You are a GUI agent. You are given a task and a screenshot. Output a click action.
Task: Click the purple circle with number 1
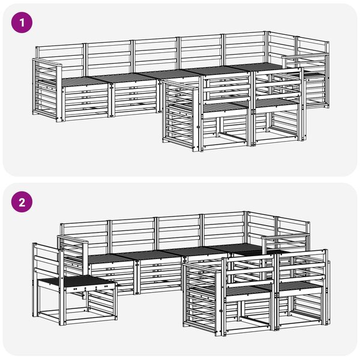[22, 23]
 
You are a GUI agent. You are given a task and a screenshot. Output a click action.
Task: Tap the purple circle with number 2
[22, 202]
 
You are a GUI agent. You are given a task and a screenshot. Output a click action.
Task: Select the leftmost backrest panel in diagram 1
[60, 57]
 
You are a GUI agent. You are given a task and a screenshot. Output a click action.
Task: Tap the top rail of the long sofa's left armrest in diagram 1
[47, 62]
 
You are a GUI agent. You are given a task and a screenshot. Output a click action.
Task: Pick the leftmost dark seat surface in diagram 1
[78, 81]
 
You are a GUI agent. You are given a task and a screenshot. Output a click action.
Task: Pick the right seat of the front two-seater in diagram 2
[299, 286]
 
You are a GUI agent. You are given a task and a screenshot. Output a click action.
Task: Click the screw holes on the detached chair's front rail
[90, 287]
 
